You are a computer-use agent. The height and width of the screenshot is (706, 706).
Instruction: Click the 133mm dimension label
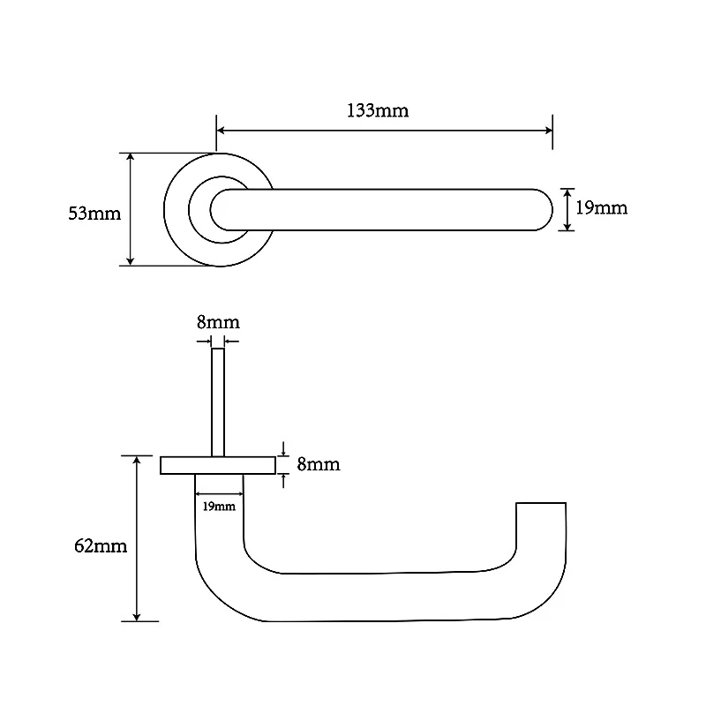pos(378,111)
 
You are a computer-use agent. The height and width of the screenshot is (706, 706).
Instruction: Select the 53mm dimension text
pos(94,214)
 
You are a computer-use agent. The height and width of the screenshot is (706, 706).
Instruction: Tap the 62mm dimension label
pos(101,546)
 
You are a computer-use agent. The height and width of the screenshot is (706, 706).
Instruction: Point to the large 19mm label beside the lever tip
pos(602,208)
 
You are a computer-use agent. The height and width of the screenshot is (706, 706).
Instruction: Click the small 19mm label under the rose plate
pos(219,507)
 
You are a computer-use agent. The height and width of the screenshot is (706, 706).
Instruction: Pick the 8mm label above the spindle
pos(218,322)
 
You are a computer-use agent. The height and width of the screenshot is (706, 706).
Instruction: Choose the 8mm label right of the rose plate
pos(319,464)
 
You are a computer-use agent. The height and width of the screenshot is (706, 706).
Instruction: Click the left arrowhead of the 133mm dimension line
pos(221,131)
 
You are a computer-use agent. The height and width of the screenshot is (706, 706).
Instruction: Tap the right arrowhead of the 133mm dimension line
pos(548,131)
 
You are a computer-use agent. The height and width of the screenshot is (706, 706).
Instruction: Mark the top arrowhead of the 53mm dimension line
pos(130,158)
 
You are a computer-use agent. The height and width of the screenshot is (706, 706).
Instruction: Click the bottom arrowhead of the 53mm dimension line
pos(130,261)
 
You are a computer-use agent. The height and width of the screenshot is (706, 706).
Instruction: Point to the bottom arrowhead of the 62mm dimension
pos(137,616)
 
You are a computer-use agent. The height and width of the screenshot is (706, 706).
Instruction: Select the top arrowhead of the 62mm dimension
pos(137,461)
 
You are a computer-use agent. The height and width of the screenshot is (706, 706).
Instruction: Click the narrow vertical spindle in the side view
pos(218,402)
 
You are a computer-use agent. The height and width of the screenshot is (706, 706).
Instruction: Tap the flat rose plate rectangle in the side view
pos(218,466)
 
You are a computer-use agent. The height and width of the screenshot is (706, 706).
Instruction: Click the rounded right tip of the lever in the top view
pos(545,210)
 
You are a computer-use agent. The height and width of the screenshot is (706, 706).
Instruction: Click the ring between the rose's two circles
pos(176,210)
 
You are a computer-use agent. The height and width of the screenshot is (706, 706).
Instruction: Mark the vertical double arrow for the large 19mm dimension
pos(567,210)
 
